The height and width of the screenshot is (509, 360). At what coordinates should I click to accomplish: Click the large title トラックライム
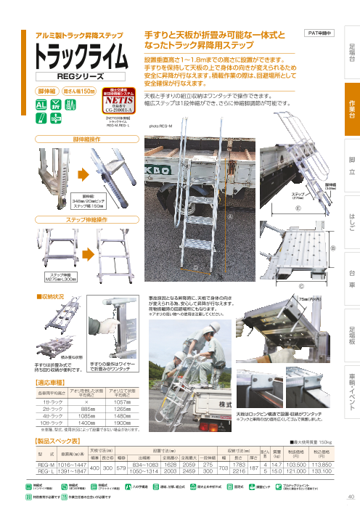coord(79,55)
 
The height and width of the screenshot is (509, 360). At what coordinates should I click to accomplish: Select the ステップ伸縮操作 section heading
coord(81,219)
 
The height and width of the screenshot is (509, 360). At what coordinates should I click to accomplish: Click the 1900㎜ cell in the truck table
coord(123,422)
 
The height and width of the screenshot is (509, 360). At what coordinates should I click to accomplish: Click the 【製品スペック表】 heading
coord(62,441)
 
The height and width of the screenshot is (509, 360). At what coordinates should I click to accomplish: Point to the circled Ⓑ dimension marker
coord(333,248)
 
